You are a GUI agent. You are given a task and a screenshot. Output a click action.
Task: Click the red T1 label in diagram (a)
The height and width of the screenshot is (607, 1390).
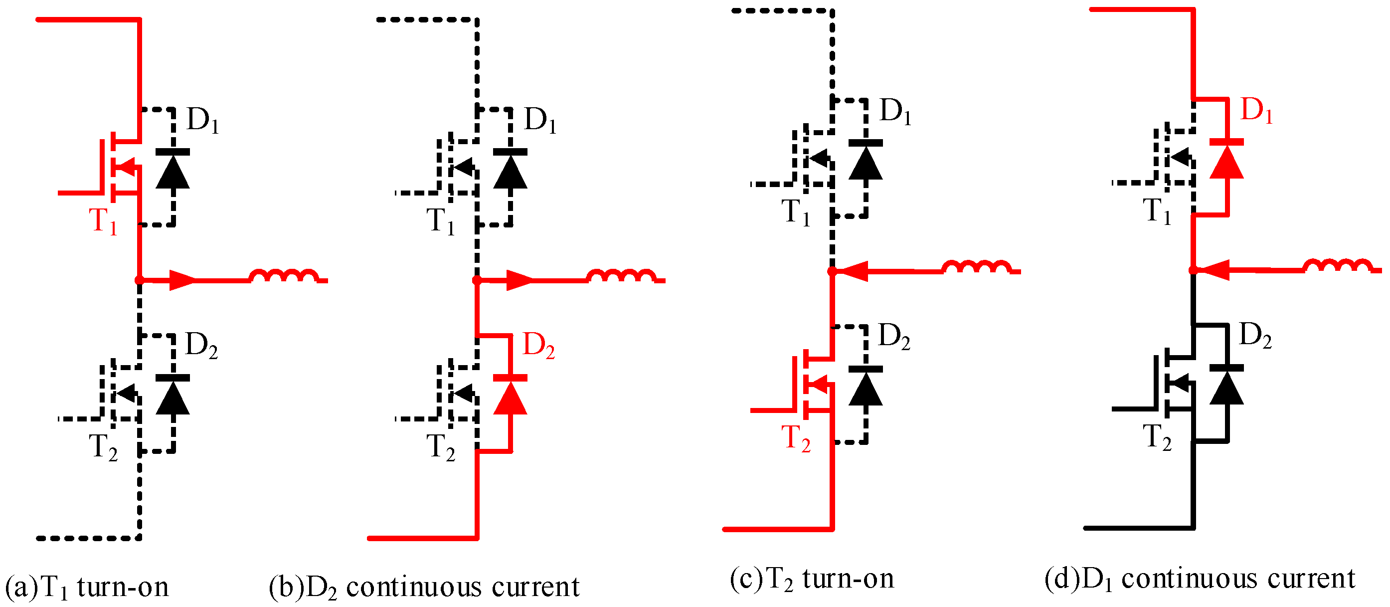tap(103, 221)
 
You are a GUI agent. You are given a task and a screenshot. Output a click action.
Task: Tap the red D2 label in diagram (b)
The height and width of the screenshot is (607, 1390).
tap(538, 346)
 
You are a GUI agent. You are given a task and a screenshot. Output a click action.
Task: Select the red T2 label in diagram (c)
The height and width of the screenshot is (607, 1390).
tap(795, 438)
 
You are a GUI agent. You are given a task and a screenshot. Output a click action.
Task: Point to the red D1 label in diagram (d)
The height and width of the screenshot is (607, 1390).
tap(1256, 110)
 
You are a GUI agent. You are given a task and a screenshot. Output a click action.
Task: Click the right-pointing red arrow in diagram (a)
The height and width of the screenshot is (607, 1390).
tap(182, 280)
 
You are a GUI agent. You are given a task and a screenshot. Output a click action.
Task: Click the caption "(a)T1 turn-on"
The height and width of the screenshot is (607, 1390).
tap(86, 587)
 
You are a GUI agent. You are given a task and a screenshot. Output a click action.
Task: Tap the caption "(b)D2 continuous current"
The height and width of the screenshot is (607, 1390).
tap(424, 587)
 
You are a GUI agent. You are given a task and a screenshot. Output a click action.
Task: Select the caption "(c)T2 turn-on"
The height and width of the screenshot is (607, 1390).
tap(812, 579)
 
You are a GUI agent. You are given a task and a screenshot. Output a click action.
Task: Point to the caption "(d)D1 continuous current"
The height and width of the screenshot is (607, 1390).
tap(1199, 579)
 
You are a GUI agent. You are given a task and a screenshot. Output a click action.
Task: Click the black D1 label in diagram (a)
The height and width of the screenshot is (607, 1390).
tap(202, 120)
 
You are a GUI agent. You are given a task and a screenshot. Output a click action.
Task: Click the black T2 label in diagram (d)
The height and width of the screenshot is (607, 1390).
tap(1157, 437)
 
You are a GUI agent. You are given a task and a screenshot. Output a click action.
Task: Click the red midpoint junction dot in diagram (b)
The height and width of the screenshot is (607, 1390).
tap(477, 280)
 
